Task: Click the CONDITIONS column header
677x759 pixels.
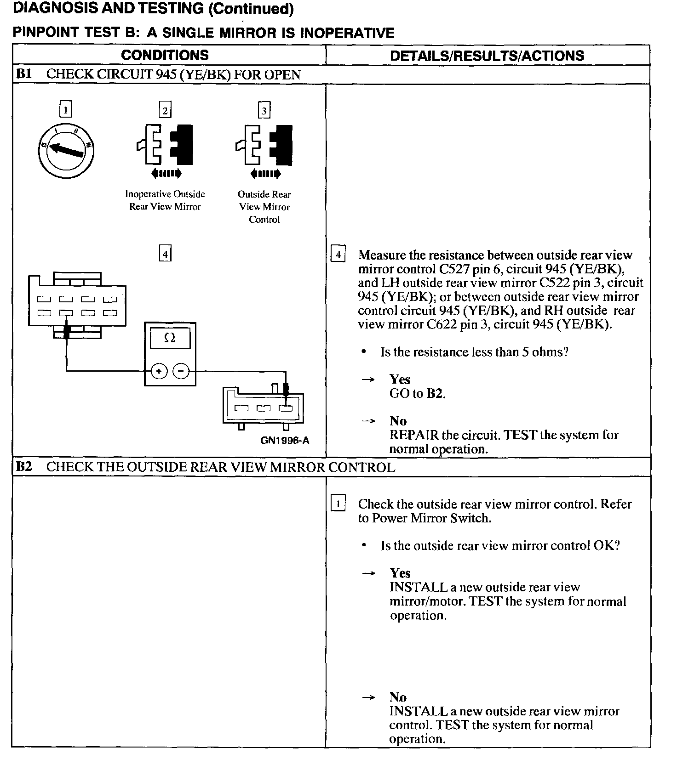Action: click(165, 55)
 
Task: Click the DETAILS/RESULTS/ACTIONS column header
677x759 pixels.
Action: click(487, 56)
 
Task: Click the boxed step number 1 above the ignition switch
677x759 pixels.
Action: click(66, 110)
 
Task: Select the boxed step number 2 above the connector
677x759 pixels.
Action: click(165, 110)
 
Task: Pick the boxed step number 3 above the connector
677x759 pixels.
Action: click(264, 110)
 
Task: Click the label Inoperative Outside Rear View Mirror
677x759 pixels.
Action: click(165, 200)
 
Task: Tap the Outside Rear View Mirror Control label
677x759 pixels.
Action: click(264, 207)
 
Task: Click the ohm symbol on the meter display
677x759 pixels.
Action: click(170, 338)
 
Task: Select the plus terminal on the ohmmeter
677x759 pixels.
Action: click(159, 371)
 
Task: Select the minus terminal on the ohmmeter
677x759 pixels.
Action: click(181, 371)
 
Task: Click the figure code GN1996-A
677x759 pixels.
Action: click(285, 441)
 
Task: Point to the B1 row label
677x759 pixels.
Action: click(23, 74)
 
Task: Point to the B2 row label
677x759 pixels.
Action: click(23, 467)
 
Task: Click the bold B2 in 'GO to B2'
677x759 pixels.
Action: click(435, 393)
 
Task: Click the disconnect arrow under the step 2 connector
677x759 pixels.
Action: click(166, 174)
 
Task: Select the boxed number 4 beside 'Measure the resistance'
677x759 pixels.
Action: click(338, 255)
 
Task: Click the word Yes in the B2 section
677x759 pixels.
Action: click(400, 573)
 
